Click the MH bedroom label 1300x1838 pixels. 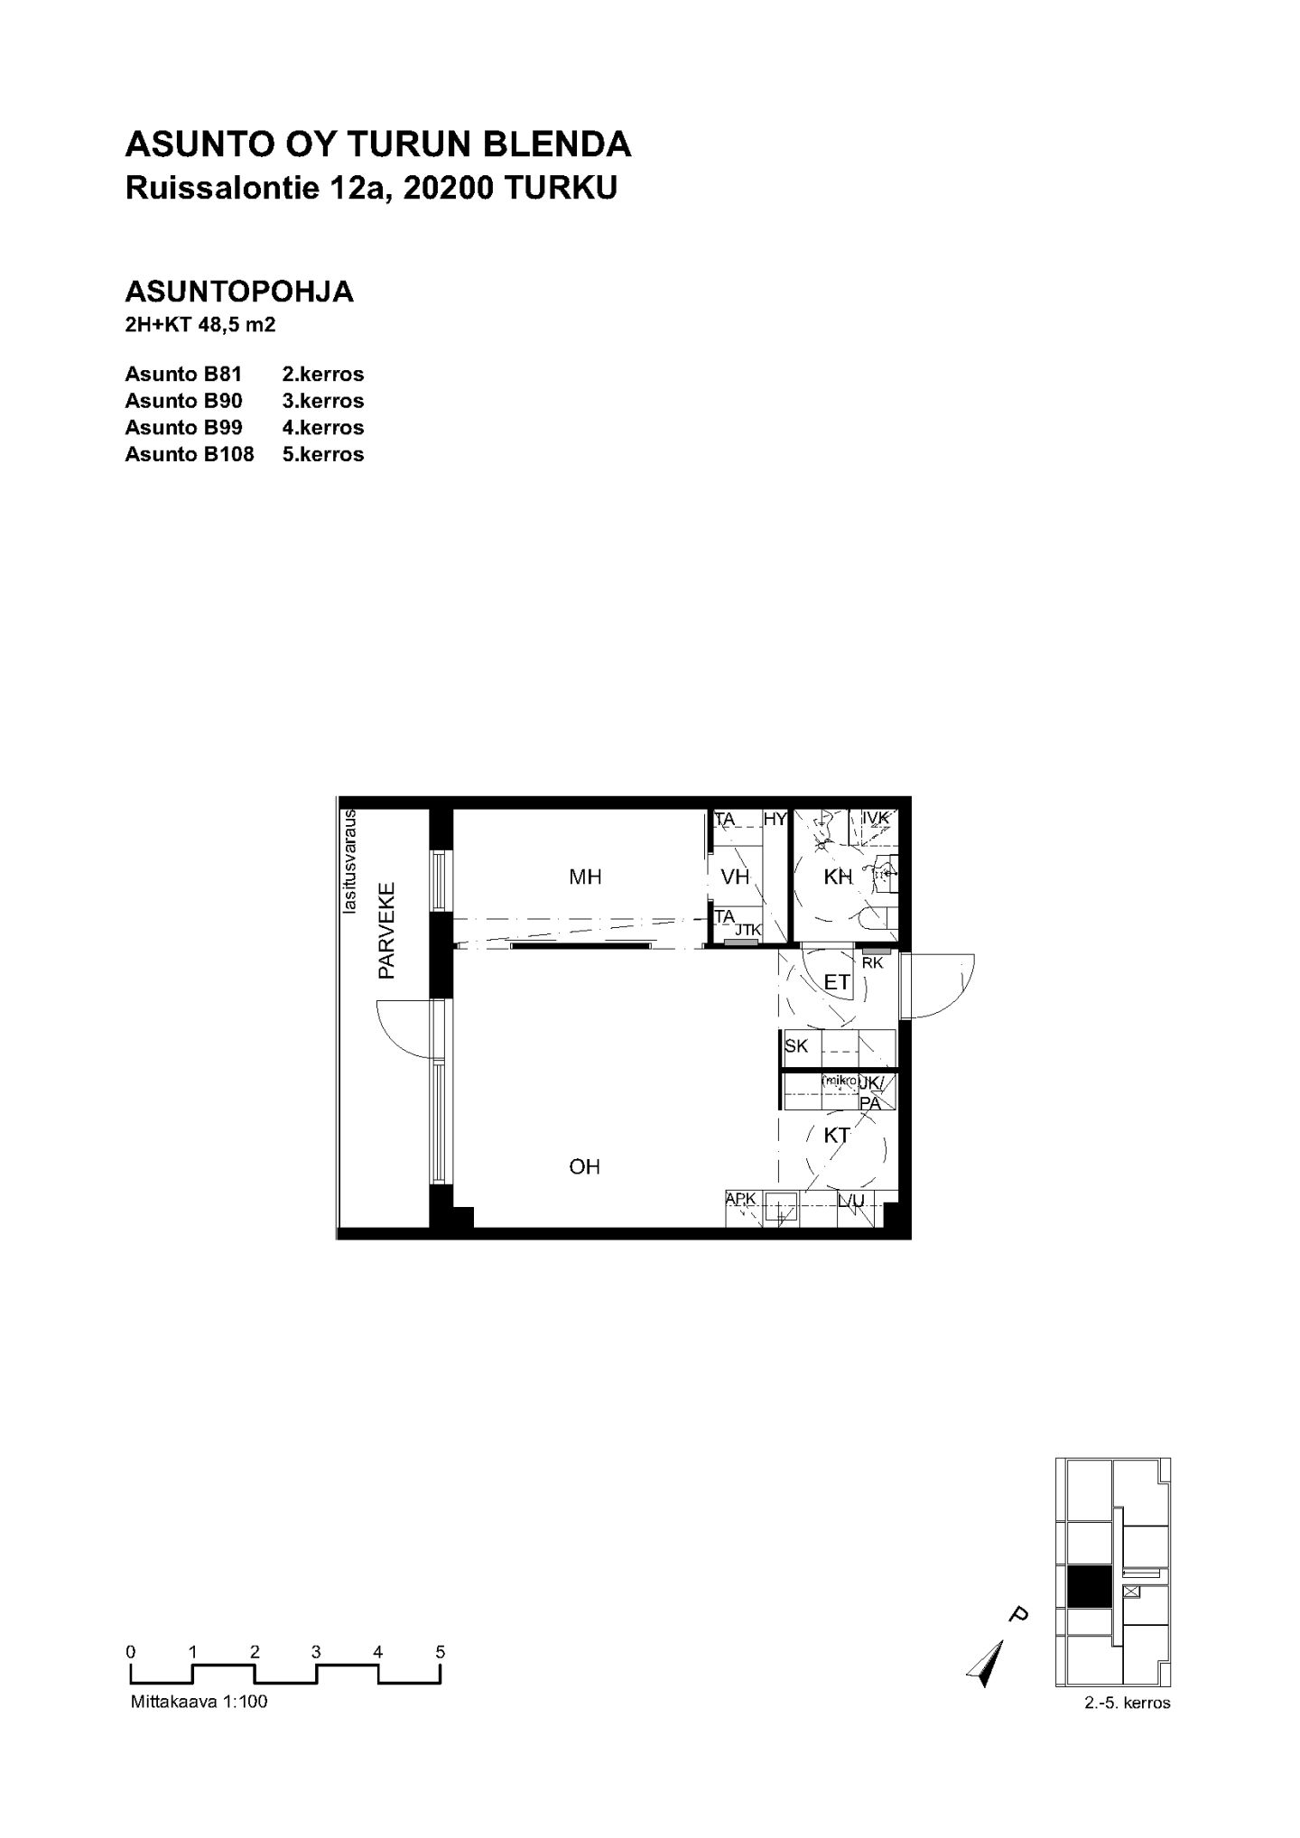click(x=585, y=877)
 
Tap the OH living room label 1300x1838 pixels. click(x=585, y=1167)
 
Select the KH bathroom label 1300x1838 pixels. click(x=839, y=877)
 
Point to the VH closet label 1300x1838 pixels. click(x=736, y=877)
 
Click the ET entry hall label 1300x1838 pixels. click(x=838, y=981)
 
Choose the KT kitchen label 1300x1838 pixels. click(x=837, y=1136)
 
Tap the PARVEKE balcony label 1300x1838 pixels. click(x=387, y=931)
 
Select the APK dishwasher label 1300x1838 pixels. click(x=740, y=1199)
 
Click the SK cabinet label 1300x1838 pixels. click(x=796, y=1046)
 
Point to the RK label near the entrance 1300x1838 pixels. click(x=873, y=963)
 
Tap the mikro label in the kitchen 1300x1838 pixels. click(x=839, y=1081)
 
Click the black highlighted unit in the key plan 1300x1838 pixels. click(x=1089, y=1586)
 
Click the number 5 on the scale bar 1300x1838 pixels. click(x=441, y=1652)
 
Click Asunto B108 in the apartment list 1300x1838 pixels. click(x=190, y=454)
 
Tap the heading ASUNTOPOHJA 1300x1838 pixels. click(x=239, y=292)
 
